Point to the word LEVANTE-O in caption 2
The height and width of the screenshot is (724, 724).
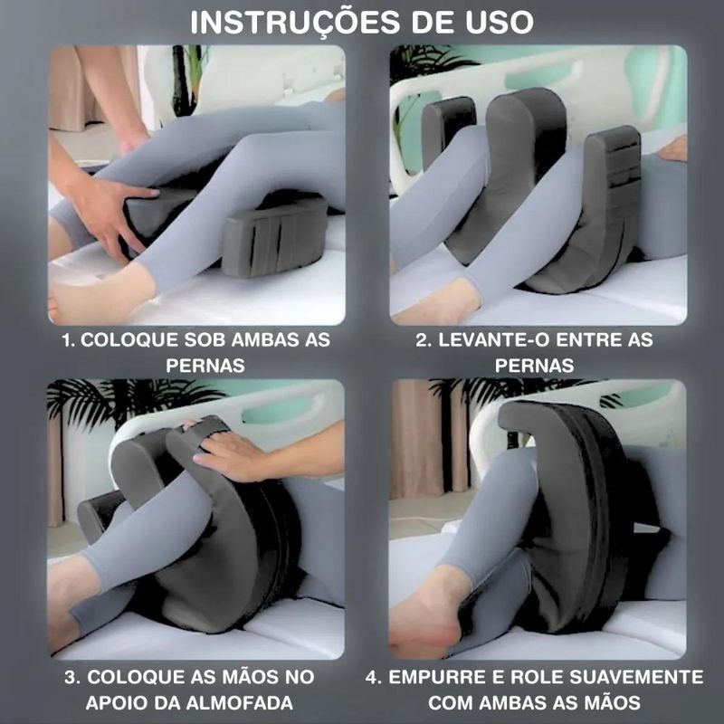pyautogui.click(x=494, y=340)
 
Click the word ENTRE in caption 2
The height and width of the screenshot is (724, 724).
pyautogui.click(x=588, y=340)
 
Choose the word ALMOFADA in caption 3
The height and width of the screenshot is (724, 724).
pyautogui.click(x=240, y=703)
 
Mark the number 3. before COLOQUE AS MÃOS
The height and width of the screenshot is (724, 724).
pyautogui.click(x=72, y=677)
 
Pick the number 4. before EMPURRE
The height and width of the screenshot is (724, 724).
pyautogui.click(x=374, y=677)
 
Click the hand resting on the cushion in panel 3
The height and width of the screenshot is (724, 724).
pyautogui.click(x=231, y=452)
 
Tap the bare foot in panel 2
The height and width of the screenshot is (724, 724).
pyautogui.click(x=436, y=302)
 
